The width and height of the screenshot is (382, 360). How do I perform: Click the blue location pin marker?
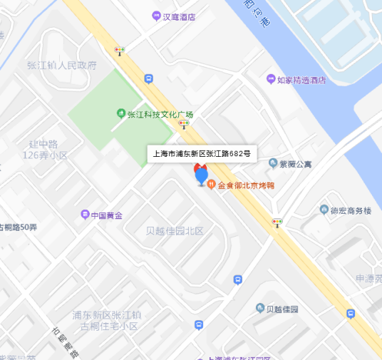(x=202, y=175)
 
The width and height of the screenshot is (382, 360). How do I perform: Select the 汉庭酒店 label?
(x=179, y=16)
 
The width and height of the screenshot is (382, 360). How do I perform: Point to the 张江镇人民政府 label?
(x=61, y=66)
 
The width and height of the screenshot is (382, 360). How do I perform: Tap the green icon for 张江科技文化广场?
(x=121, y=114)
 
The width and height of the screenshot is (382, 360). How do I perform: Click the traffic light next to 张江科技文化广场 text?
(x=184, y=124)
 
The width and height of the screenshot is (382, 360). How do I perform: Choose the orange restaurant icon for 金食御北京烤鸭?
(x=212, y=185)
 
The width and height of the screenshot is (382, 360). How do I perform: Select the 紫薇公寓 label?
(x=295, y=165)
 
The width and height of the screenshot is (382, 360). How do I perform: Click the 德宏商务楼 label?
(x=351, y=210)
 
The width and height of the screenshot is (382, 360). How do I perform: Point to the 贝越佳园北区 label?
(x=175, y=231)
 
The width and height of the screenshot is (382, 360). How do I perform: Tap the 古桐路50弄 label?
(x=19, y=227)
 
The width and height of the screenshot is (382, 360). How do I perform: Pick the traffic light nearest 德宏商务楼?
(x=277, y=222)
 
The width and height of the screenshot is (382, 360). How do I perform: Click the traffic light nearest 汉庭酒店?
(x=120, y=50)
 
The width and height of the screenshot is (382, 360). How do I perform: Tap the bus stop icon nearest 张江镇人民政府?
(x=148, y=79)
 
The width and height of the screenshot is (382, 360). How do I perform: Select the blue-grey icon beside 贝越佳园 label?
(x=260, y=308)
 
